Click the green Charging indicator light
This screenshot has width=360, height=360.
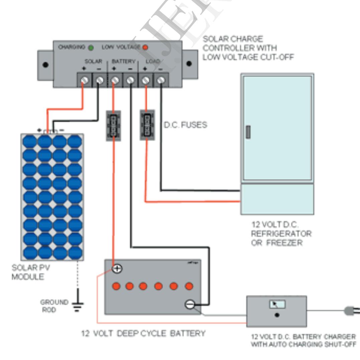pyautogui.click(x=91, y=47)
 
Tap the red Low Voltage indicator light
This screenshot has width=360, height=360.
pyautogui.click(x=145, y=47)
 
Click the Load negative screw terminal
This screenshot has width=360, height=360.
pyautogui.click(x=161, y=81)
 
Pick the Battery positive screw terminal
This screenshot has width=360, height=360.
pyautogui.click(x=115, y=81)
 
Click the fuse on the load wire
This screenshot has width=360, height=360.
pyautogui.click(x=147, y=125)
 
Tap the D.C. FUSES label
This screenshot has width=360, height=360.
pyautogui.click(x=185, y=125)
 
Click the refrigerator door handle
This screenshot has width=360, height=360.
pyautogui.click(x=248, y=132)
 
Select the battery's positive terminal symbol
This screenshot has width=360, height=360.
pyautogui.click(x=117, y=268)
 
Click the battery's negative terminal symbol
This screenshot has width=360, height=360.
pyautogui.click(x=190, y=304)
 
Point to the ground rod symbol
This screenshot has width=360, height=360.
pyautogui.click(x=78, y=305)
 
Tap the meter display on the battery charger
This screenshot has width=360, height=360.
pyautogui.click(x=277, y=305)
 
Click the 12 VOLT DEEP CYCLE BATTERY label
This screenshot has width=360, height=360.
pyautogui.click(x=143, y=334)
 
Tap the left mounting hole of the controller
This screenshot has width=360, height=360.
pyautogui.click(x=45, y=65)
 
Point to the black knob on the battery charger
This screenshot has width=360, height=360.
pyautogui.click(x=277, y=315)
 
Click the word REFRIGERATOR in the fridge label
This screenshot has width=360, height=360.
pyautogui.click(x=281, y=233)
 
